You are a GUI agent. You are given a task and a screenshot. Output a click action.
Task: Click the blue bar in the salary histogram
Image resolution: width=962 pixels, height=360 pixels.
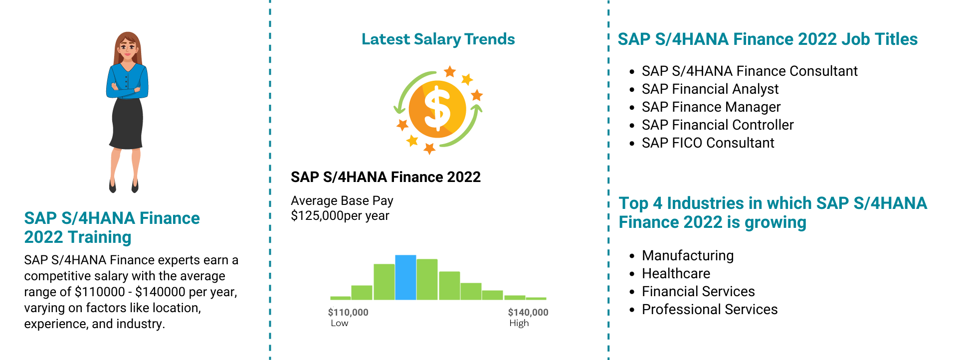(405, 277)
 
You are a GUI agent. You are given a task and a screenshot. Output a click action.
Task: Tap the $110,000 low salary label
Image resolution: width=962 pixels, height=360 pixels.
(348, 313)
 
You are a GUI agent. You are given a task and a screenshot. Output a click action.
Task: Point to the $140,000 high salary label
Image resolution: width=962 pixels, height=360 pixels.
(528, 313)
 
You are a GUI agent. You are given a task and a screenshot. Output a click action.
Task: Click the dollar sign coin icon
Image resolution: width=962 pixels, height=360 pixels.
(437, 109)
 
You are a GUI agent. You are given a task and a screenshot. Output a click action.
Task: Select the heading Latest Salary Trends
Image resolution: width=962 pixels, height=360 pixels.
(438, 39)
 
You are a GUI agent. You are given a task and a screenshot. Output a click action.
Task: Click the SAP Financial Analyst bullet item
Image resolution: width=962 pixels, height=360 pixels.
(710, 89)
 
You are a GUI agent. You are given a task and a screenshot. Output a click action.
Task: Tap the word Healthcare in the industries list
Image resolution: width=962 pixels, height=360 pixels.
(676, 273)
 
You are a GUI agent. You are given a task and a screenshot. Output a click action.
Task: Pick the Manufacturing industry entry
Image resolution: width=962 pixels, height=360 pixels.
(688, 255)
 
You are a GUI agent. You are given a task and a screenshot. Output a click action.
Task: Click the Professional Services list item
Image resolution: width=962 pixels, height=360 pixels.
(710, 309)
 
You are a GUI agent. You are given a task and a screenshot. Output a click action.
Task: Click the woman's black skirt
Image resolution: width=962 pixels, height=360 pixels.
(127, 123)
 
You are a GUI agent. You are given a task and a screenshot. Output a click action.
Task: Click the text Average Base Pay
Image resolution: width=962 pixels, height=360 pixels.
(342, 200)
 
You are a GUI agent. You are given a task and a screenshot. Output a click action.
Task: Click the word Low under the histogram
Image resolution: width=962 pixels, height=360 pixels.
(340, 323)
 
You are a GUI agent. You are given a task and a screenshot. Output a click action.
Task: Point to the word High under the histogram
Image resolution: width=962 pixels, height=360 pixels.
(519, 323)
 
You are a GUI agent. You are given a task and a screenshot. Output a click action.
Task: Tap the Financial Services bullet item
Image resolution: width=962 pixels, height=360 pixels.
(698, 291)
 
